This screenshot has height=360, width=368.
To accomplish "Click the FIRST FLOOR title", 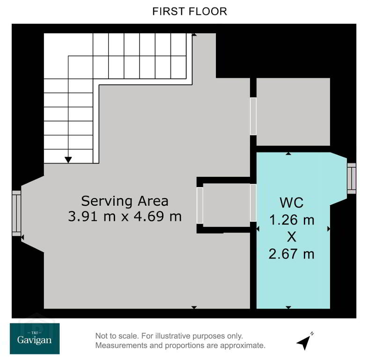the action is tap(190, 11).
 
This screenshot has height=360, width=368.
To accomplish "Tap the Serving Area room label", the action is tap(125, 201).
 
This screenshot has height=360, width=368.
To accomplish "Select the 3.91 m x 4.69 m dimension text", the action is tap(125, 216).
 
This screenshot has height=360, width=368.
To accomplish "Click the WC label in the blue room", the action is tap(292, 202).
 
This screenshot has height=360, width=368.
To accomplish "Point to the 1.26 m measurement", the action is tap(292, 220).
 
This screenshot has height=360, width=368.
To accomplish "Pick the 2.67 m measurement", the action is tap(292, 254).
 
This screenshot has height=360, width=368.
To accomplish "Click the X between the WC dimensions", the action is tap(292, 237).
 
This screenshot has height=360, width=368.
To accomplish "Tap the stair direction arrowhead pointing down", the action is tap(68, 160).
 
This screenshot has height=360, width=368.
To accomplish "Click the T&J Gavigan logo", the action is tap(35, 338).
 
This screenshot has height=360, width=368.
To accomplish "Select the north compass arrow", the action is tap(304, 342).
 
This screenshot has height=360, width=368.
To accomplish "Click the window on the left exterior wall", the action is tap(16, 213).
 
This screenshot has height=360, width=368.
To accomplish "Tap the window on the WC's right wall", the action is tap(352, 179).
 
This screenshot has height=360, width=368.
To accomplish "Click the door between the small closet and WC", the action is tap(253, 203).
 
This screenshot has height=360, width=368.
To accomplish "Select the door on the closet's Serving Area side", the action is tap(200, 205).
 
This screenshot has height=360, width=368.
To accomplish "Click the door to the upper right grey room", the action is tap(253, 116).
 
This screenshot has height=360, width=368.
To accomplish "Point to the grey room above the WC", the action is tap(293, 112).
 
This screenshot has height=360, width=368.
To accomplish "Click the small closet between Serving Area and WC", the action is tap(227, 205).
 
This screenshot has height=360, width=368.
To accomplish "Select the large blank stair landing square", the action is tap(56, 45).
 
